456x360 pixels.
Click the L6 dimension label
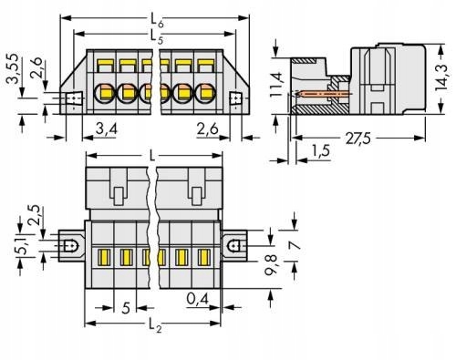pos(157,21)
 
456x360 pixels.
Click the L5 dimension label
pos(157,36)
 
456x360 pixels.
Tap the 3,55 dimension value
pos(15,69)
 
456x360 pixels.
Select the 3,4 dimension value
pos(106,129)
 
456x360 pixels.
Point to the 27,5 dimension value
pos(358,139)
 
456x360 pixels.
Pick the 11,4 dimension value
pos(276,85)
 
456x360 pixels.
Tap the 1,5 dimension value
pos(320,150)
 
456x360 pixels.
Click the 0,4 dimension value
pos(198,299)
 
